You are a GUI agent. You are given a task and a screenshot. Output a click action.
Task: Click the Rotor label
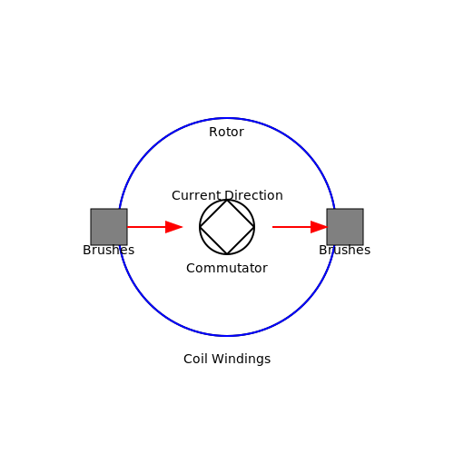click(226, 132)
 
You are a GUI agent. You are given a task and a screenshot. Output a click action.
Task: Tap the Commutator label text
click(227, 268)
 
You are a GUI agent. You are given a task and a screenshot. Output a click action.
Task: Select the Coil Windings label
click(227, 360)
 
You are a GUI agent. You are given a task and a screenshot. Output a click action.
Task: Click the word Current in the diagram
click(196, 195)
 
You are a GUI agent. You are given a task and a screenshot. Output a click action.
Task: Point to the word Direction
click(254, 195)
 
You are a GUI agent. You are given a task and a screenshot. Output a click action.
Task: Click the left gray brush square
click(109, 227)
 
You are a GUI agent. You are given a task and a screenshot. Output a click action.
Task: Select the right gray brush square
click(345, 227)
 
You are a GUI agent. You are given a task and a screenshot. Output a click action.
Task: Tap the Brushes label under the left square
click(109, 250)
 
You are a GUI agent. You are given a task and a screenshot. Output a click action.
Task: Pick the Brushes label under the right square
click(345, 250)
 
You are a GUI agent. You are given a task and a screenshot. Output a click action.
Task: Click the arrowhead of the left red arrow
click(174, 227)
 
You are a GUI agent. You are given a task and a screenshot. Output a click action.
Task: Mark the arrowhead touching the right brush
click(320, 227)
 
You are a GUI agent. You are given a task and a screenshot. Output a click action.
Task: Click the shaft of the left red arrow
click(146, 227)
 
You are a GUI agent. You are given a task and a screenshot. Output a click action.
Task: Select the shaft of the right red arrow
click(291, 227)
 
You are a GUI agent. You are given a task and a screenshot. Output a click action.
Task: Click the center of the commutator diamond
click(227, 227)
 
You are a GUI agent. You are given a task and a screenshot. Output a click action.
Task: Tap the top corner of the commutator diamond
click(227, 200)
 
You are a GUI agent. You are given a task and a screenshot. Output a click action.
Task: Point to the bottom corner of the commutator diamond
click(227, 254)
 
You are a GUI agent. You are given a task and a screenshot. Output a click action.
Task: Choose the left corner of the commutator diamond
click(200, 227)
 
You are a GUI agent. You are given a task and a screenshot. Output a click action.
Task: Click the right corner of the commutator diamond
click(254, 227)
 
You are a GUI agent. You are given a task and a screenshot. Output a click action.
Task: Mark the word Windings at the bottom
click(242, 360)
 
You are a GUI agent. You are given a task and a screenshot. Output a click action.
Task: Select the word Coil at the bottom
click(195, 359)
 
